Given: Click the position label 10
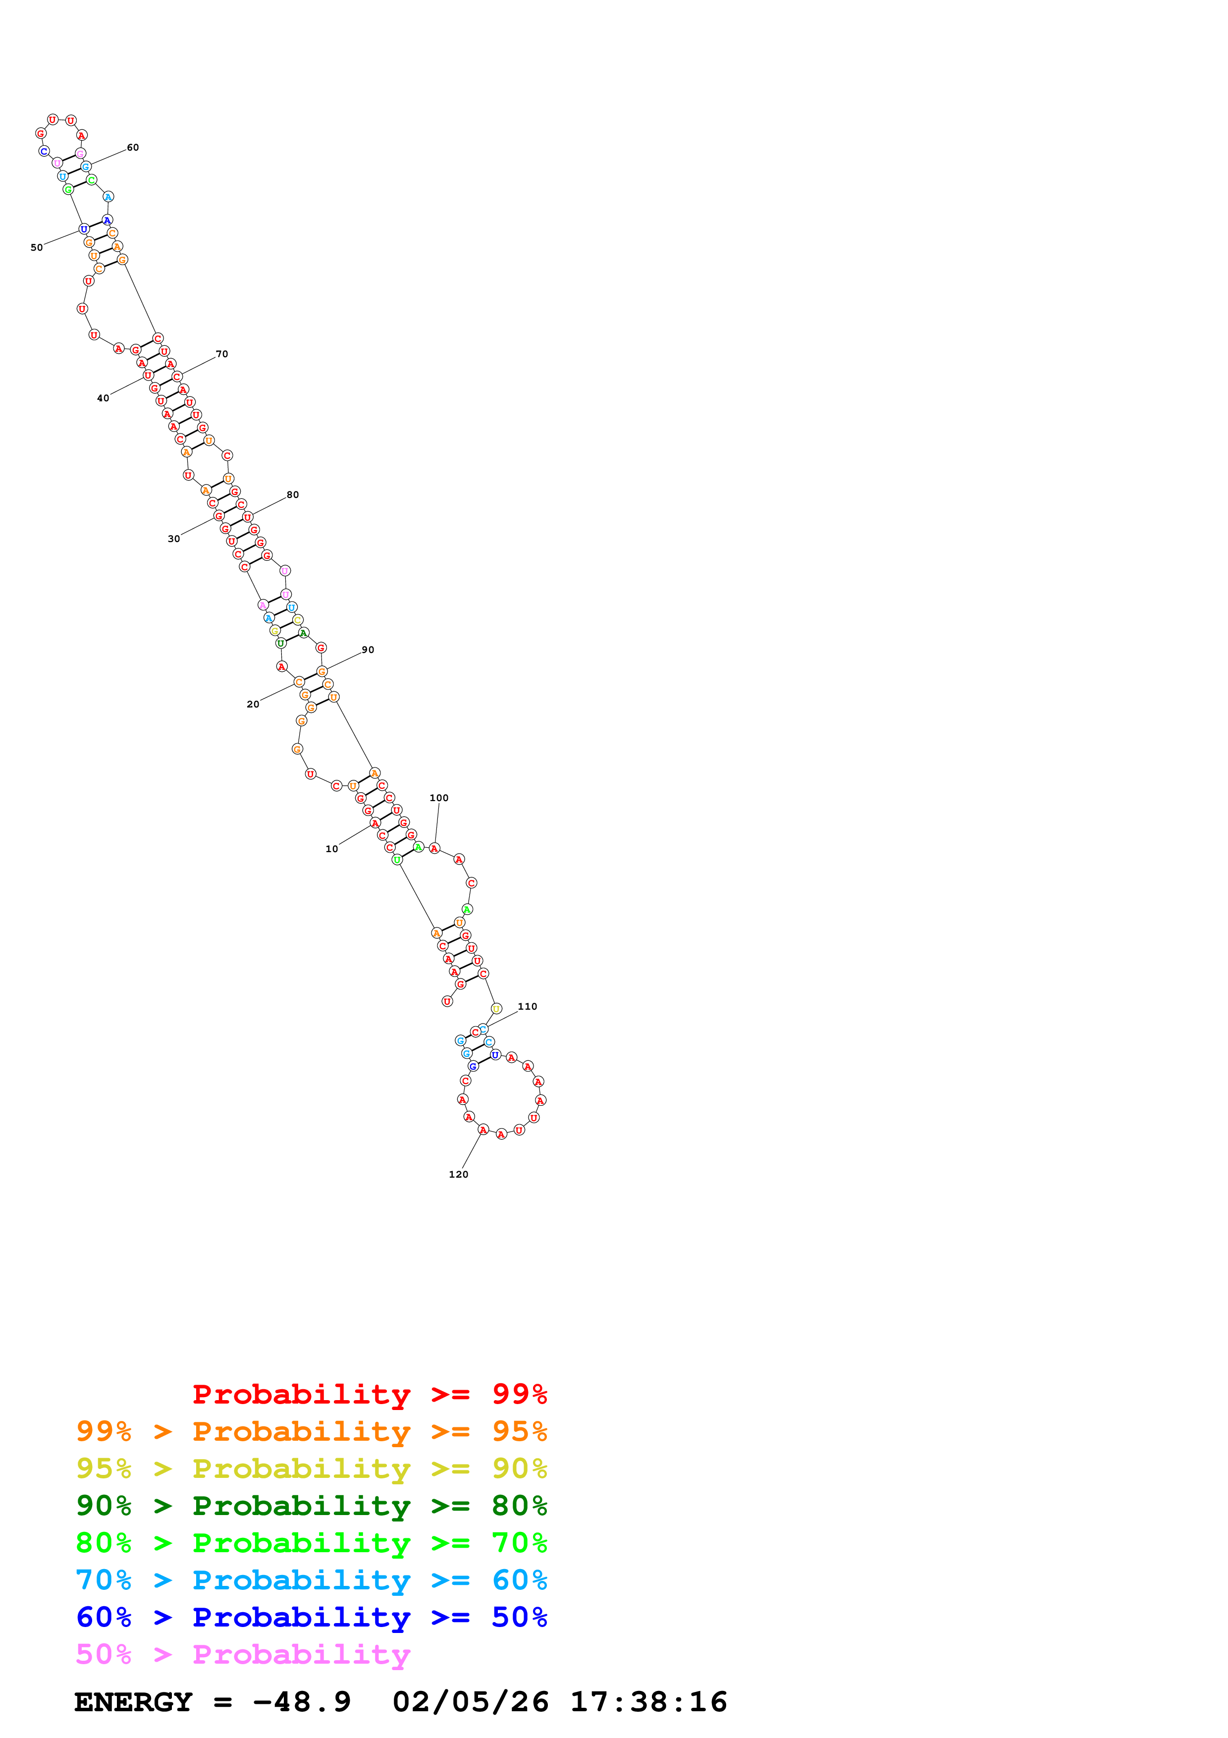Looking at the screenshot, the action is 331,849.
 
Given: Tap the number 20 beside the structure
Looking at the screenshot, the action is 253,704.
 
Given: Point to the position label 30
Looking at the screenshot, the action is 174,539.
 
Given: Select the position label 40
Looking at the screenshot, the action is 103,398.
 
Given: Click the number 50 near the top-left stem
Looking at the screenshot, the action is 36,248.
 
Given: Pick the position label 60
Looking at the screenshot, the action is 133,148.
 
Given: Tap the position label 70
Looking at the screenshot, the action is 222,354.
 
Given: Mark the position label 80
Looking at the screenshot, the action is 293,494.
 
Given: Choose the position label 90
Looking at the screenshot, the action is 368,650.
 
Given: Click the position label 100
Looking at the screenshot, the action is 439,798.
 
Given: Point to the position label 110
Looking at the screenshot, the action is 528,1006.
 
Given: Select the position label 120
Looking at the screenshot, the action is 459,1174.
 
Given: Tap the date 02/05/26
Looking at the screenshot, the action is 471,1702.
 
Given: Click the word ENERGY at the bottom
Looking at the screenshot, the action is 133,1702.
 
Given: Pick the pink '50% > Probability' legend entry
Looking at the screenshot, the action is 243,1655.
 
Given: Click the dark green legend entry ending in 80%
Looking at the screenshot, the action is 312,1506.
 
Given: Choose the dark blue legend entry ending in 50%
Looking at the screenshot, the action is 312,1617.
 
